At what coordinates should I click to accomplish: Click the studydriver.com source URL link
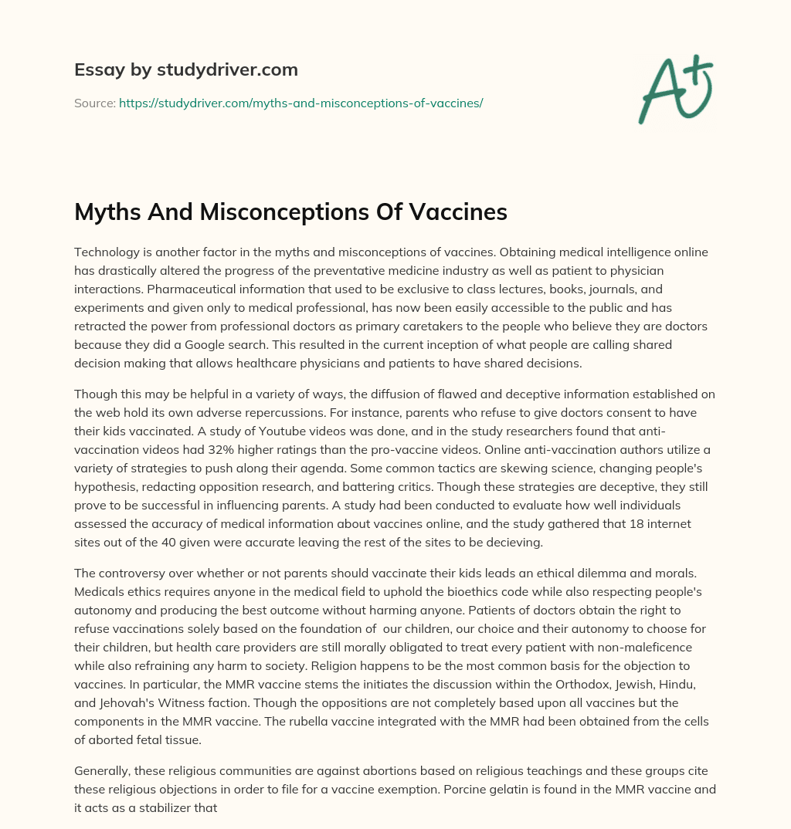click(x=300, y=103)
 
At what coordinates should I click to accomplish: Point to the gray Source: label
click(x=94, y=103)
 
